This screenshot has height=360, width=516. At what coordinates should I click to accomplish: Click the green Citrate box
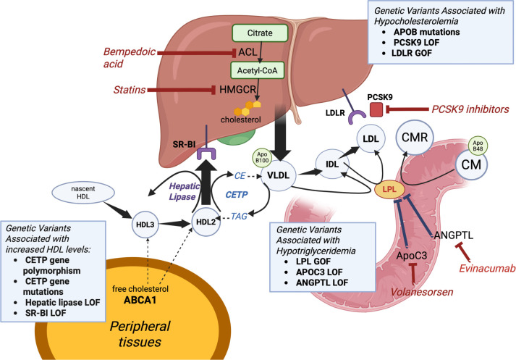[x=260, y=33]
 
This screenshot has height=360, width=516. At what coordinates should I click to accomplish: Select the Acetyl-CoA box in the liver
[x=258, y=70]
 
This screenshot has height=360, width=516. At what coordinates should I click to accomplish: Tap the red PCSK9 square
[x=376, y=109]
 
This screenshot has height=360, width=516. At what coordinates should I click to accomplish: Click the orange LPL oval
[x=389, y=190]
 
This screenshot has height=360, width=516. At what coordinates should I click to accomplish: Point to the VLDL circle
[x=279, y=175]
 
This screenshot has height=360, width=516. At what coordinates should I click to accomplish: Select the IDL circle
[x=332, y=164]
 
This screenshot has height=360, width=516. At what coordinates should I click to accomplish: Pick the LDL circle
[x=371, y=138]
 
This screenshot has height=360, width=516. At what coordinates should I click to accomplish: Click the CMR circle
[x=415, y=138]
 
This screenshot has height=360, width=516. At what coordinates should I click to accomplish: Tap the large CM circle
[x=471, y=164]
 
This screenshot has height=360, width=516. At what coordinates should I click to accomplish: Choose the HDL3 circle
[x=145, y=225]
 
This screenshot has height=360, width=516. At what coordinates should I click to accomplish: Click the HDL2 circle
[x=206, y=222]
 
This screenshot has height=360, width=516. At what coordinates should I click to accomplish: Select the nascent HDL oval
[x=83, y=193]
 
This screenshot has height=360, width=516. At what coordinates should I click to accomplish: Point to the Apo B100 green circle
[x=262, y=157]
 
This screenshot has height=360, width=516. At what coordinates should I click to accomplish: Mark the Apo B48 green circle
[x=478, y=146]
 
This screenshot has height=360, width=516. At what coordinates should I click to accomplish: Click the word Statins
[x=130, y=90]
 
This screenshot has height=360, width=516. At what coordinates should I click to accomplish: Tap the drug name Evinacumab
[x=487, y=269]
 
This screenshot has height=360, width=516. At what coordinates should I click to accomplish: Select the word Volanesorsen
[x=422, y=292]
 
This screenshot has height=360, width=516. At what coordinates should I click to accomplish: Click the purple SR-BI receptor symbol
[x=206, y=154]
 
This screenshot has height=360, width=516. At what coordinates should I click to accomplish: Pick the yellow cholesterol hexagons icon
[x=248, y=108]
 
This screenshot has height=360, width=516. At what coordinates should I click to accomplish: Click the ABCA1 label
[x=140, y=300]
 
